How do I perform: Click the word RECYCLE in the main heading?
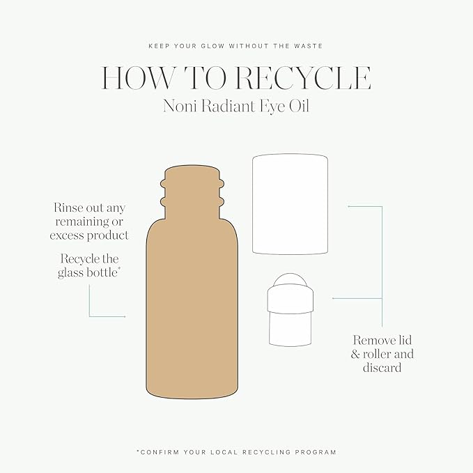pyautogui.click(x=303, y=78)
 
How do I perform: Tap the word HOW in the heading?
pyautogui.click(x=138, y=78)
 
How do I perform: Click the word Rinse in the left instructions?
pyautogui.click(x=68, y=208)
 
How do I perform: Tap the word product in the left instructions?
pyautogui.click(x=108, y=236)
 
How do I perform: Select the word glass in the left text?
pyautogui.click(x=71, y=272)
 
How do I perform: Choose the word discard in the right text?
pyautogui.click(x=382, y=368)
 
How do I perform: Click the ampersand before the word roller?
pyautogui.click(x=355, y=354)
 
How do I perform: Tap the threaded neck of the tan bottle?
pyautogui.click(x=192, y=192)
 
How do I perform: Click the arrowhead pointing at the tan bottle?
pyautogui.click(x=124, y=316)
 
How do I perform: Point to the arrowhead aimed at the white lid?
pyautogui.click(x=350, y=206)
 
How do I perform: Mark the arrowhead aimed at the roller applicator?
pyautogui.click(x=334, y=298)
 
